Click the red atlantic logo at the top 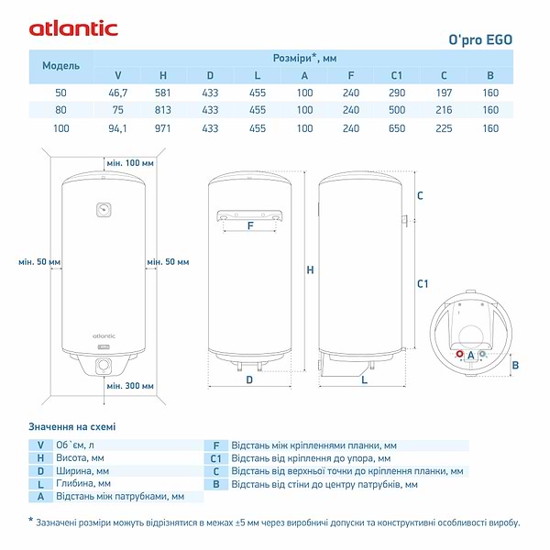[73, 27]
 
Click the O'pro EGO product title [479, 39]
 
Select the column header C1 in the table [397, 75]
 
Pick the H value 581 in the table [163, 93]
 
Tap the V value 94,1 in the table [117, 128]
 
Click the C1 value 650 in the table [397, 128]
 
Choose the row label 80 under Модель [61, 111]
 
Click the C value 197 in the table [444, 93]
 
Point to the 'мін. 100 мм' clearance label [128, 163]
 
